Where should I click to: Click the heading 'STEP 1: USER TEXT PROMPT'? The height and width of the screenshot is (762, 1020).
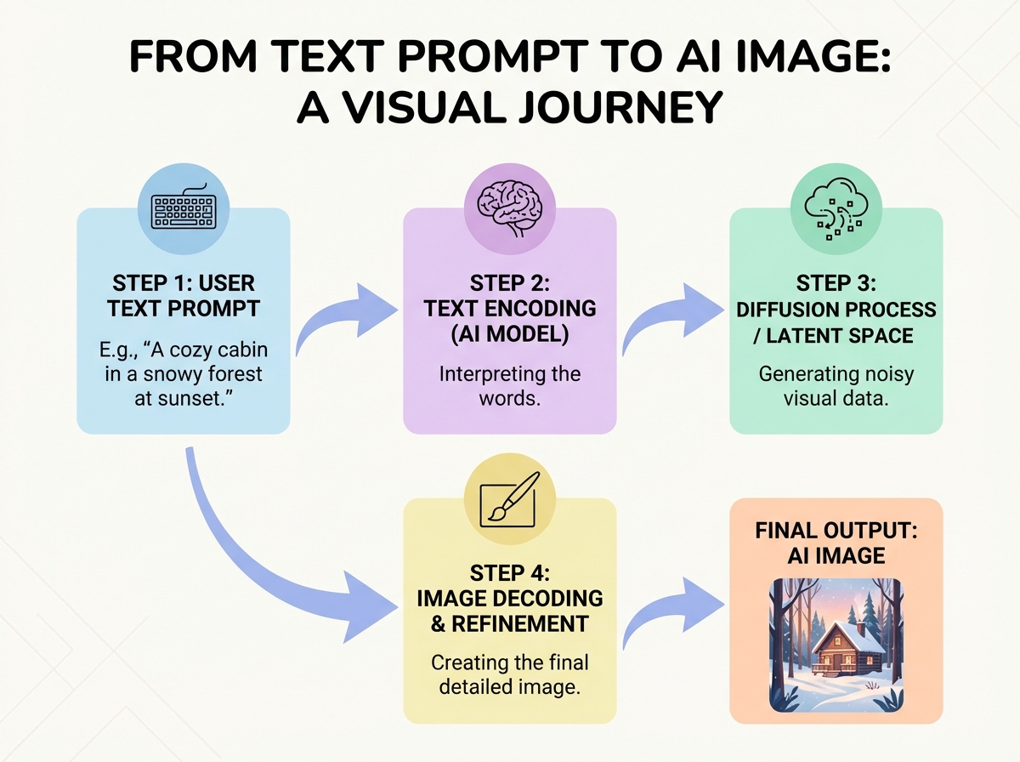click(183, 295)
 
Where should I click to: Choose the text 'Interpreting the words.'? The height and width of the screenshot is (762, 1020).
click(509, 385)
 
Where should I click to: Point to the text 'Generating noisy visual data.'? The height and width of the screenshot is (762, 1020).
click(836, 385)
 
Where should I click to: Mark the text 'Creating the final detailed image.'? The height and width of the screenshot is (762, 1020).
click(509, 674)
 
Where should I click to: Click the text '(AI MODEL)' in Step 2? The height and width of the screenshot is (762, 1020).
click(509, 333)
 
